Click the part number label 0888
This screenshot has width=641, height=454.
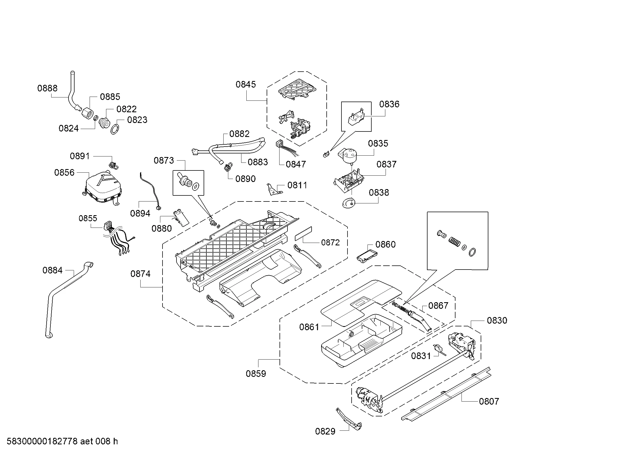[x=47, y=88]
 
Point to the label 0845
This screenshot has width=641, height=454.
[x=245, y=85]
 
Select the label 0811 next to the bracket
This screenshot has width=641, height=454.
[x=297, y=185]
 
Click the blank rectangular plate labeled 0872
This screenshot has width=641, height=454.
[x=303, y=233]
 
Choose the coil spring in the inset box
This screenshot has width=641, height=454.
[x=454, y=242]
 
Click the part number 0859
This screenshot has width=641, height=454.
[x=256, y=374]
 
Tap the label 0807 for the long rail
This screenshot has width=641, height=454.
[x=489, y=402]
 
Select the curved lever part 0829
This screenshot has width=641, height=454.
[x=349, y=419]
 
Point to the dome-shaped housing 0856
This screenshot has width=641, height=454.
[x=103, y=186]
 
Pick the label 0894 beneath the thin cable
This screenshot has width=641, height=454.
[x=140, y=214]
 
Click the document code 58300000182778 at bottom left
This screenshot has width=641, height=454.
[x=42, y=441]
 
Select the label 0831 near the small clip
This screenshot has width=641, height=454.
[x=421, y=356]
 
